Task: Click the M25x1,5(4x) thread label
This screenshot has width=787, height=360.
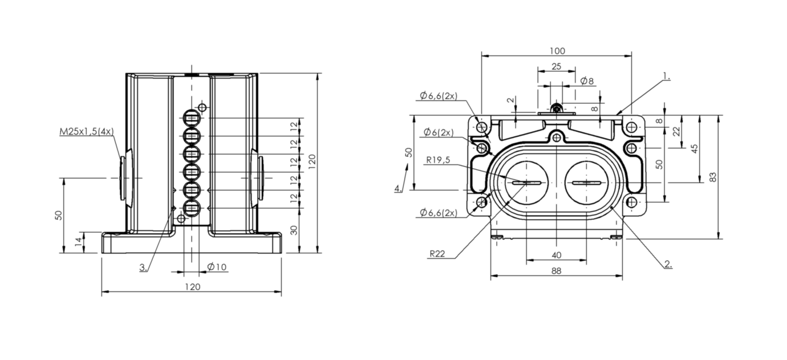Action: tap(87, 132)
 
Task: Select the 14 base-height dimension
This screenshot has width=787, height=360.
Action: tap(78, 241)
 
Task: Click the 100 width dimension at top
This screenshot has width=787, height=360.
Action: tap(557, 51)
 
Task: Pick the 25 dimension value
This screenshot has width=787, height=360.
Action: tap(556, 66)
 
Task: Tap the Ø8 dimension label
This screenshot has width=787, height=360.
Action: tap(587, 81)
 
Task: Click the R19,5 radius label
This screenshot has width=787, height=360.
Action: tap(437, 160)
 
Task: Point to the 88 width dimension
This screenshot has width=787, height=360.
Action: tap(556, 271)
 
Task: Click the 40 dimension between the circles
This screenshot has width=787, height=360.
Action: tap(556, 255)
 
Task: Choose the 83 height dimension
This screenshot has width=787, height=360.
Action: tap(713, 177)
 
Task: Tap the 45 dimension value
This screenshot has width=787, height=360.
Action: tap(694, 148)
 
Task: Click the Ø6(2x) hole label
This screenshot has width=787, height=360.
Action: tap(439, 132)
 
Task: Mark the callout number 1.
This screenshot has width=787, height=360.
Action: tap(666, 76)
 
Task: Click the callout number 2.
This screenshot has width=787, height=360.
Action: tap(667, 264)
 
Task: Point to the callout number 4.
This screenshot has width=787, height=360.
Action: tap(397, 188)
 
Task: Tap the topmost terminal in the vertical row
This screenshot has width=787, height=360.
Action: tap(191, 119)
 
